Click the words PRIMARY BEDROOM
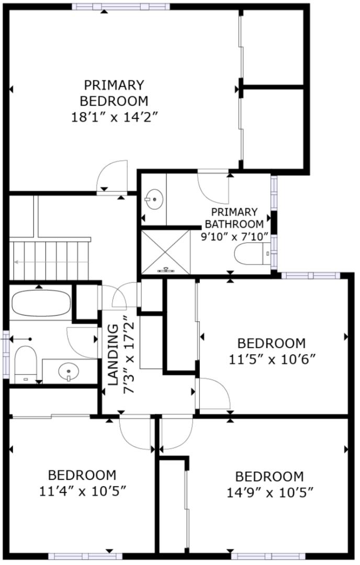click(x=114, y=93)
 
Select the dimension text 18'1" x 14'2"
click(x=114, y=117)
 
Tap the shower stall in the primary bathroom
click(x=166, y=252)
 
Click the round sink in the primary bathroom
click(x=154, y=198)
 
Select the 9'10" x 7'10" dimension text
click(x=234, y=236)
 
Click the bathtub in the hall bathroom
click(x=40, y=303)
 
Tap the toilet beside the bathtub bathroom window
click(x=25, y=364)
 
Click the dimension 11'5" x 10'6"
click(x=271, y=359)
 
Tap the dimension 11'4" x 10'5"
click(x=82, y=491)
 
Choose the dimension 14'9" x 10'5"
click(x=269, y=492)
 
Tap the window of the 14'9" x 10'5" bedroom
click(x=268, y=556)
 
